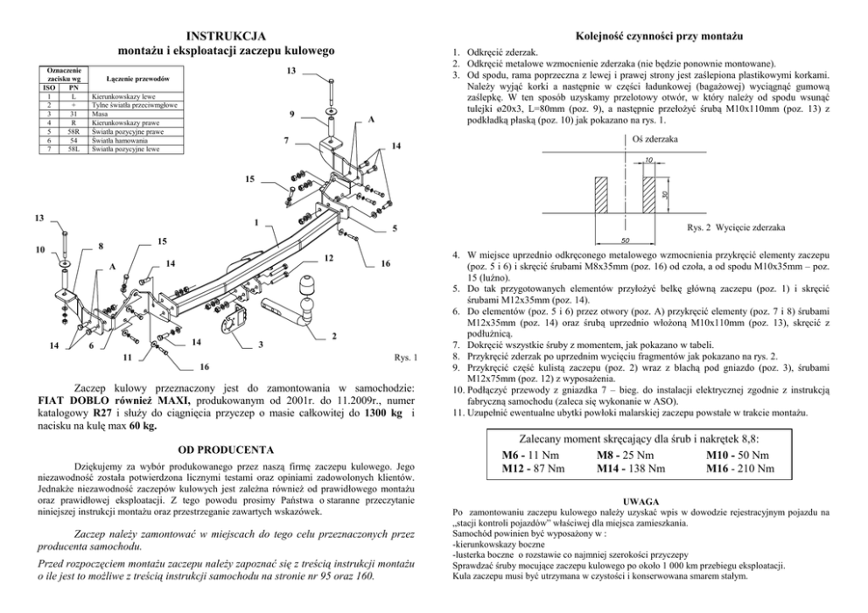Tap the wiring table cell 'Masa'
tap(100, 114)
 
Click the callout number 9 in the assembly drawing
tap(291, 115)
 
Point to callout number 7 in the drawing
tap(286, 140)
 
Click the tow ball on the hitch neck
tap(311, 289)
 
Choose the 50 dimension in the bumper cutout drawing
tap(626, 240)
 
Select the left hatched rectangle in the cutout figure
tap(604, 194)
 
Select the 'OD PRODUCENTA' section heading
tap(227, 449)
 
